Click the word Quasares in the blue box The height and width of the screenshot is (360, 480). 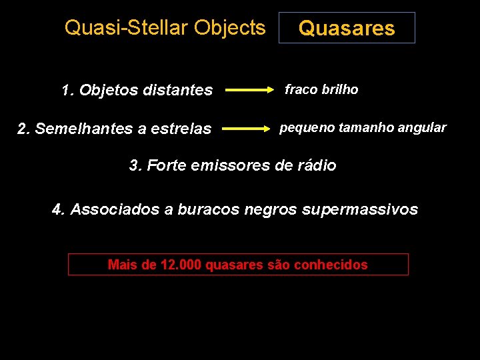pos(347,28)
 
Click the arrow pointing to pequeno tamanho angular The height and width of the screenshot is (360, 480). pos(248,127)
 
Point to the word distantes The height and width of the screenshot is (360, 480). pos(179,90)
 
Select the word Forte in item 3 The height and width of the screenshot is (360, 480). pos(166,165)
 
